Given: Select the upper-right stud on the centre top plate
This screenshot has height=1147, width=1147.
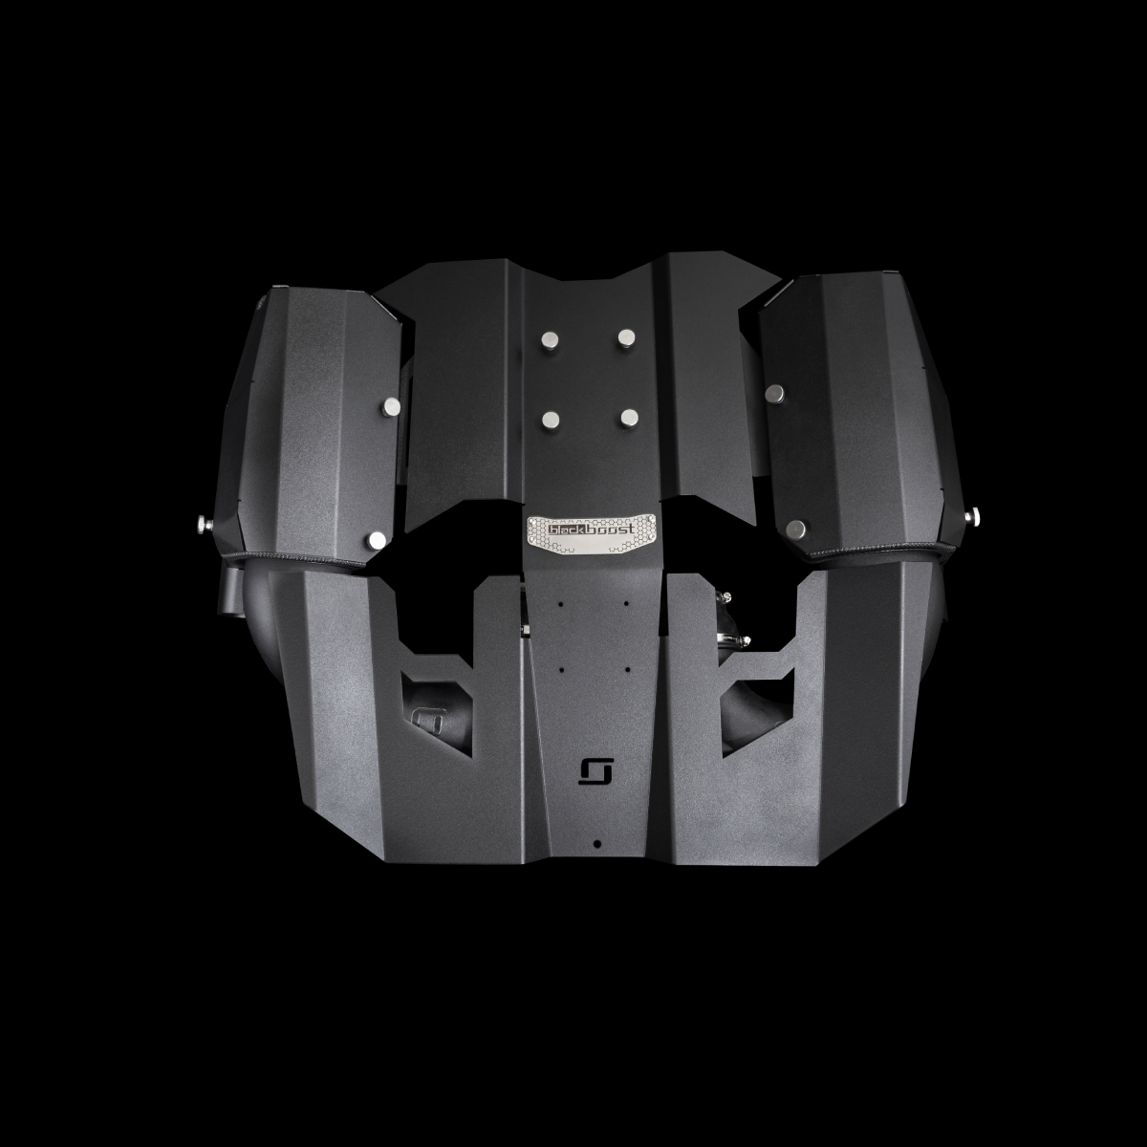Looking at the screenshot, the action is (627, 338).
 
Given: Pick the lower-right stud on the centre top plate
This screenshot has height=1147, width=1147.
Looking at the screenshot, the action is (630, 418).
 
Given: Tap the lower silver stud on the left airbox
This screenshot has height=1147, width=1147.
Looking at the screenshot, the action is (378, 540).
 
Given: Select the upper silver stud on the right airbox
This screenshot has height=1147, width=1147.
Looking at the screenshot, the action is (775, 393).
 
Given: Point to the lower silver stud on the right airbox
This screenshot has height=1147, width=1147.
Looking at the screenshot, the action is (796, 529).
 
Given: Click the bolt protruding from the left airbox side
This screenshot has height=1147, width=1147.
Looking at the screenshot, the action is (203, 524).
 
